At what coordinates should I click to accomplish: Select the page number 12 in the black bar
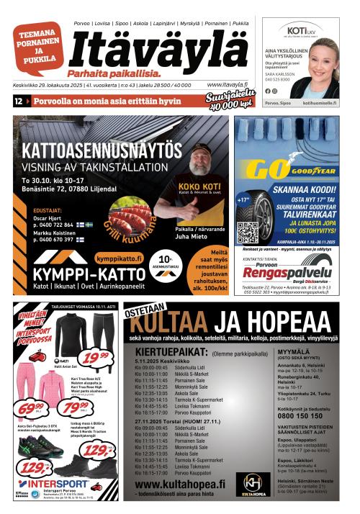[x=18, y=102]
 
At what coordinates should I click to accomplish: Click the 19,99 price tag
[x=95, y=356]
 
